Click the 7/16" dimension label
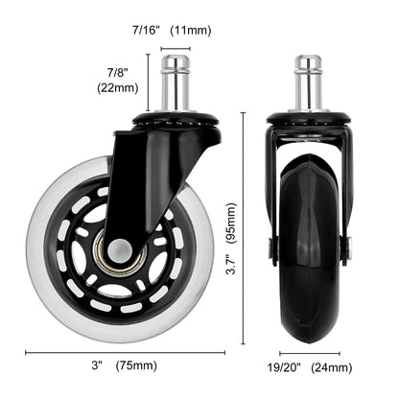click(147, 31)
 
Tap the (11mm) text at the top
click(191, 31)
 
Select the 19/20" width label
click(282, 366)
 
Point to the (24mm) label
click(331, 366)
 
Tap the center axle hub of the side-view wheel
click(116, 249)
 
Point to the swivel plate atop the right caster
click(307, 121)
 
